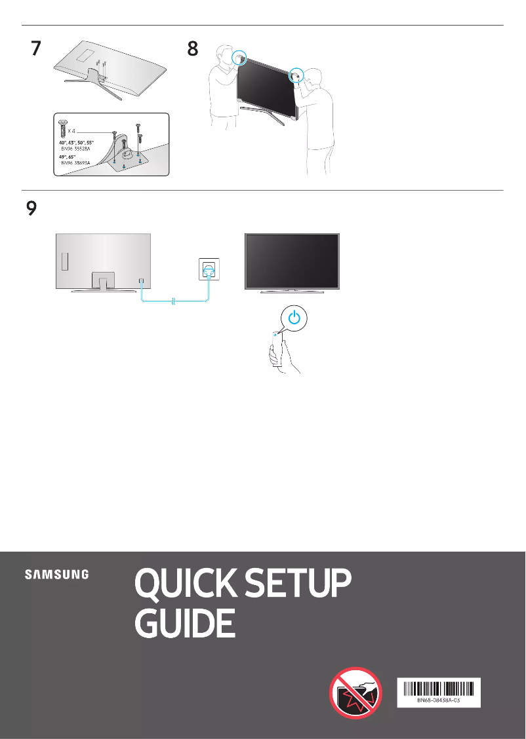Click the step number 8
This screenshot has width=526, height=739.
[192, 50]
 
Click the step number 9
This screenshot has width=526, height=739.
[31, 209]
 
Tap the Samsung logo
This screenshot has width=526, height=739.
[57, 575]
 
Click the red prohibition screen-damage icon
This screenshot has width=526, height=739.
[355, 692]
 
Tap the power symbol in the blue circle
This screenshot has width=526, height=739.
[295, 319]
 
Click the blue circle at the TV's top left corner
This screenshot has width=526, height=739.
[240, 58]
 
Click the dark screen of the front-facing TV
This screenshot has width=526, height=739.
[292, 260]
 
